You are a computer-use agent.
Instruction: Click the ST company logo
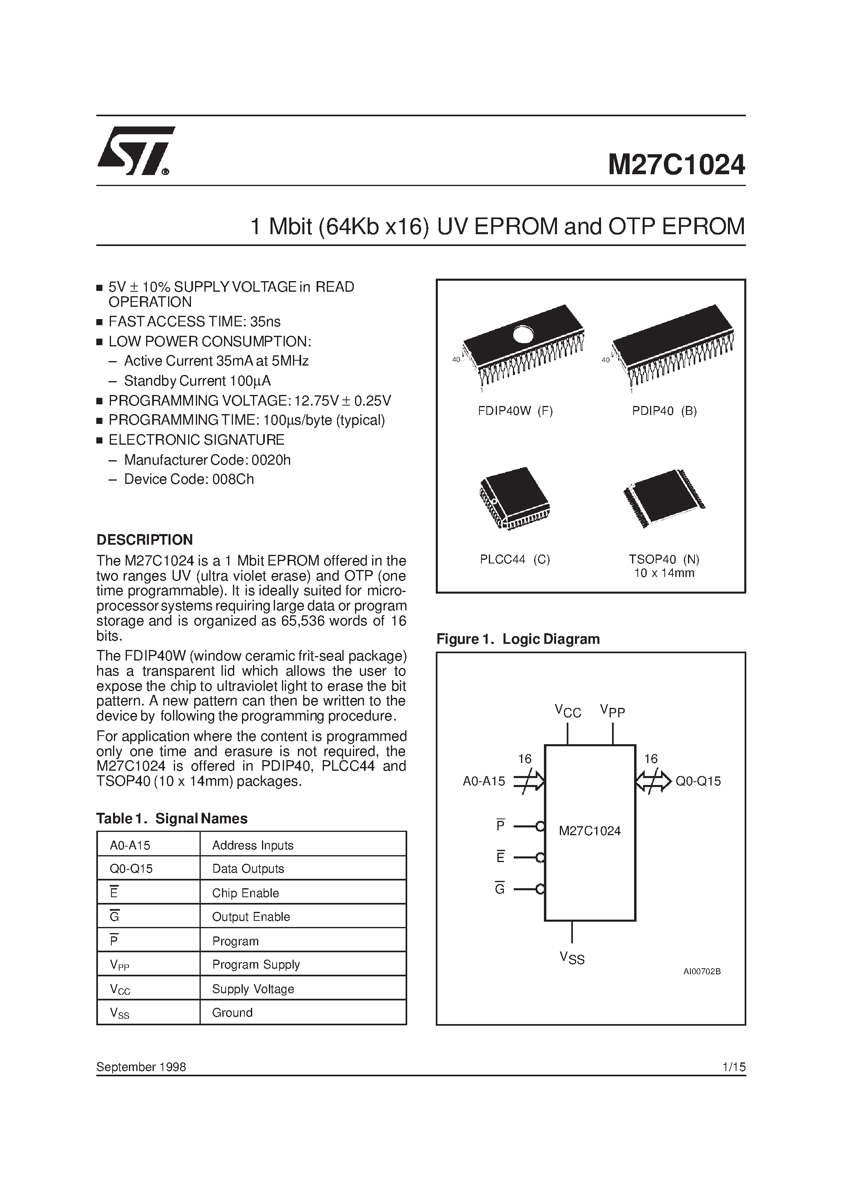(135, 150)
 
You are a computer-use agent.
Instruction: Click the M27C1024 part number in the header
(676, 165)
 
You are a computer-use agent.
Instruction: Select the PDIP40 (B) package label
(664, 411)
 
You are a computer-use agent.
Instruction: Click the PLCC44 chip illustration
(513, 498)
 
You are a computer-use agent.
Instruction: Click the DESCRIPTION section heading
(144, 540)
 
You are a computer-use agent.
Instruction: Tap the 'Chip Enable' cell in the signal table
(245, 893)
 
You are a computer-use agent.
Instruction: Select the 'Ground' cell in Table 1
(232, 1013)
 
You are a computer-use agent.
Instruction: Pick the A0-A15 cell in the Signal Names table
(130, 845)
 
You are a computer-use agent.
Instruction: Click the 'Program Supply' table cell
(256, 965)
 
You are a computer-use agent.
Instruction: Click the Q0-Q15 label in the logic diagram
(698, 781)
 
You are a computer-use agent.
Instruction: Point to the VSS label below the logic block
(572, 958)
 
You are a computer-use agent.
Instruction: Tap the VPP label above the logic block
(612, 710)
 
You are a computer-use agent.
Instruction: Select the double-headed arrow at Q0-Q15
(653, 781)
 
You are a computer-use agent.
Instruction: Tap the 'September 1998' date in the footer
(141, 1067)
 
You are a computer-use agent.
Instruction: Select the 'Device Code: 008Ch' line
(189, 479)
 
